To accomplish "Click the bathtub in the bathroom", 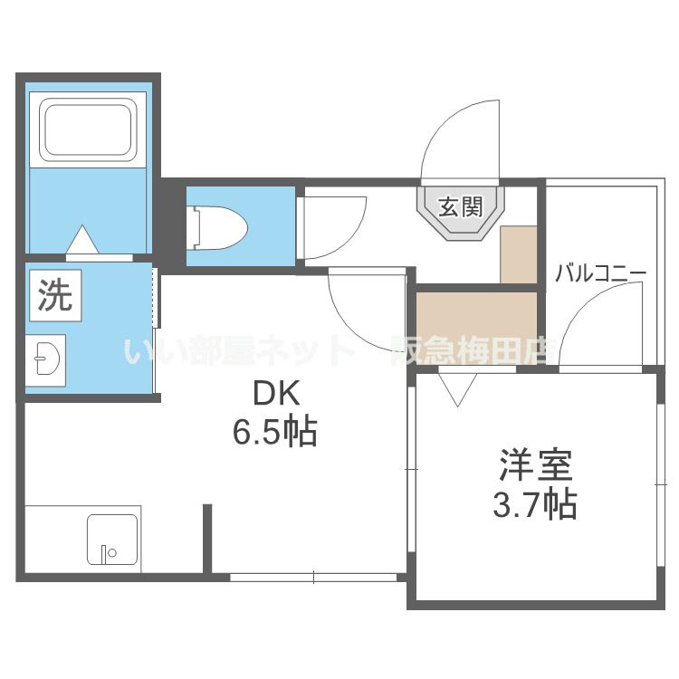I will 88,131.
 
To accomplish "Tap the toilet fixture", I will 217,226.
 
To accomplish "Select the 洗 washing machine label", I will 54,296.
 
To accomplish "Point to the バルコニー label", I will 600,273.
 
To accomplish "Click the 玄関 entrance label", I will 459,207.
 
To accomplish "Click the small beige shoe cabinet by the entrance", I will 519,254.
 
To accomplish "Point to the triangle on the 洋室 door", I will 458,388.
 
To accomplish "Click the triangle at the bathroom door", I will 83,241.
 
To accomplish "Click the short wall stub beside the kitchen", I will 207,539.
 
